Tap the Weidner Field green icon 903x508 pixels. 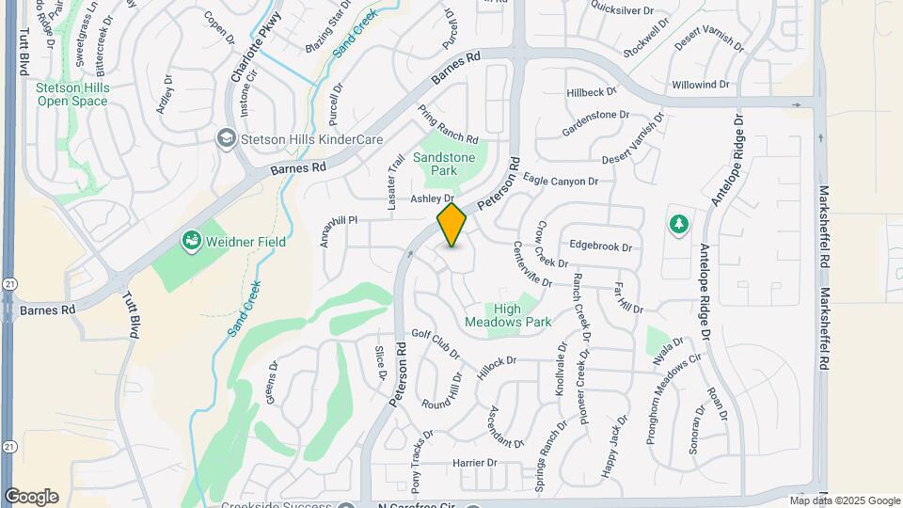coord(191,242)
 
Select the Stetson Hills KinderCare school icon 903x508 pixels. coord(226,139)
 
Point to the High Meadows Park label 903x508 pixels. coord(508,315)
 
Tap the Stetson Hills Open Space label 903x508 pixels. coord(72,94)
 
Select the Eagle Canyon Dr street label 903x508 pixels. coord(561,181)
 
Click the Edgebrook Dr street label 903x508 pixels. coord(600,246)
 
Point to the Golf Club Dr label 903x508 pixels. coord(436,345)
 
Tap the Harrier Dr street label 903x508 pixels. coord(474,463)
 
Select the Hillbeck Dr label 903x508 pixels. coord(591,92)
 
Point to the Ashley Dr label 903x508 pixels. coord(432,198)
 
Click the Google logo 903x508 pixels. coord(31,497)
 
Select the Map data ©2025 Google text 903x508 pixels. coord(845,500)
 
